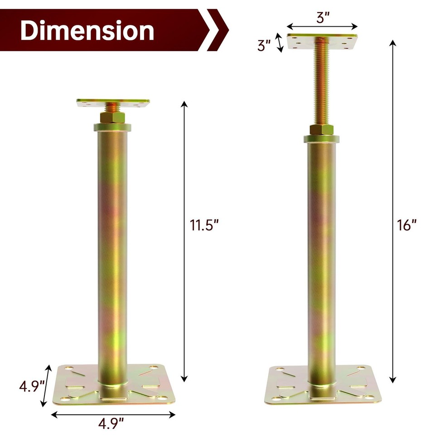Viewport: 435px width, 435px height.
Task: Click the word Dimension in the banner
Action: point(87,31)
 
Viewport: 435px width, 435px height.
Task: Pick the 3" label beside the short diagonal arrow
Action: point(264,45)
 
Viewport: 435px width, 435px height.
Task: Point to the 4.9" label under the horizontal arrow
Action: point(111,425)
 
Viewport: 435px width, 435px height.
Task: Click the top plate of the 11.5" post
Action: point(113,103)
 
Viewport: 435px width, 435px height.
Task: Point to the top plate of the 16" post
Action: point(322,42)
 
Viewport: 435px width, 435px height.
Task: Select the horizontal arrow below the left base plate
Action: point(113,414)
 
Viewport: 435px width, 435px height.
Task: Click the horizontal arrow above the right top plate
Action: point(322,27)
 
